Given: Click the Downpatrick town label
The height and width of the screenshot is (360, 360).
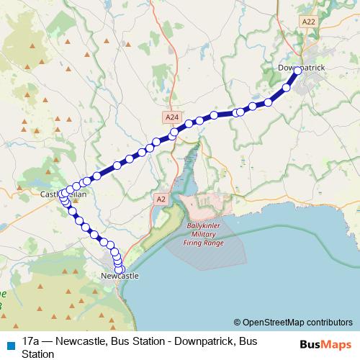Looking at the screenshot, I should pos(302,68).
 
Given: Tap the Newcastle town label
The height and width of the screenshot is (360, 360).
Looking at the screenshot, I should pos(120,276).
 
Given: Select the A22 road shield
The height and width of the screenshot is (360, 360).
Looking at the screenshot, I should pos(309,22).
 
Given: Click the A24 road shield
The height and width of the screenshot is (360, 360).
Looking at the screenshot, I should pos(171,117).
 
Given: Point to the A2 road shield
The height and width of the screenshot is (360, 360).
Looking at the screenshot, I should pos(161,198).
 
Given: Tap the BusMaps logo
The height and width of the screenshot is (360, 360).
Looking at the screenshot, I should pos(325,343).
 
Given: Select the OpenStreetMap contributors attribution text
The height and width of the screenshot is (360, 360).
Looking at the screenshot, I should pos(293,322).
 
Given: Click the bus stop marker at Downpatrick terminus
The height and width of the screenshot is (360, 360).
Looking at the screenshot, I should pos(297,71).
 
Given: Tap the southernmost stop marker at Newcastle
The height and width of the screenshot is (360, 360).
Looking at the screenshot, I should pos(120,269).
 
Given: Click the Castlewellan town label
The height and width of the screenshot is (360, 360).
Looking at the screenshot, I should pos(64,195).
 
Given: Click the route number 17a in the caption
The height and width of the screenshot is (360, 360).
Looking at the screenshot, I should pos(31,340).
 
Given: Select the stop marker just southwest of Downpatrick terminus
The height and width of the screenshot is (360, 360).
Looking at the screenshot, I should pos(287,88).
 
